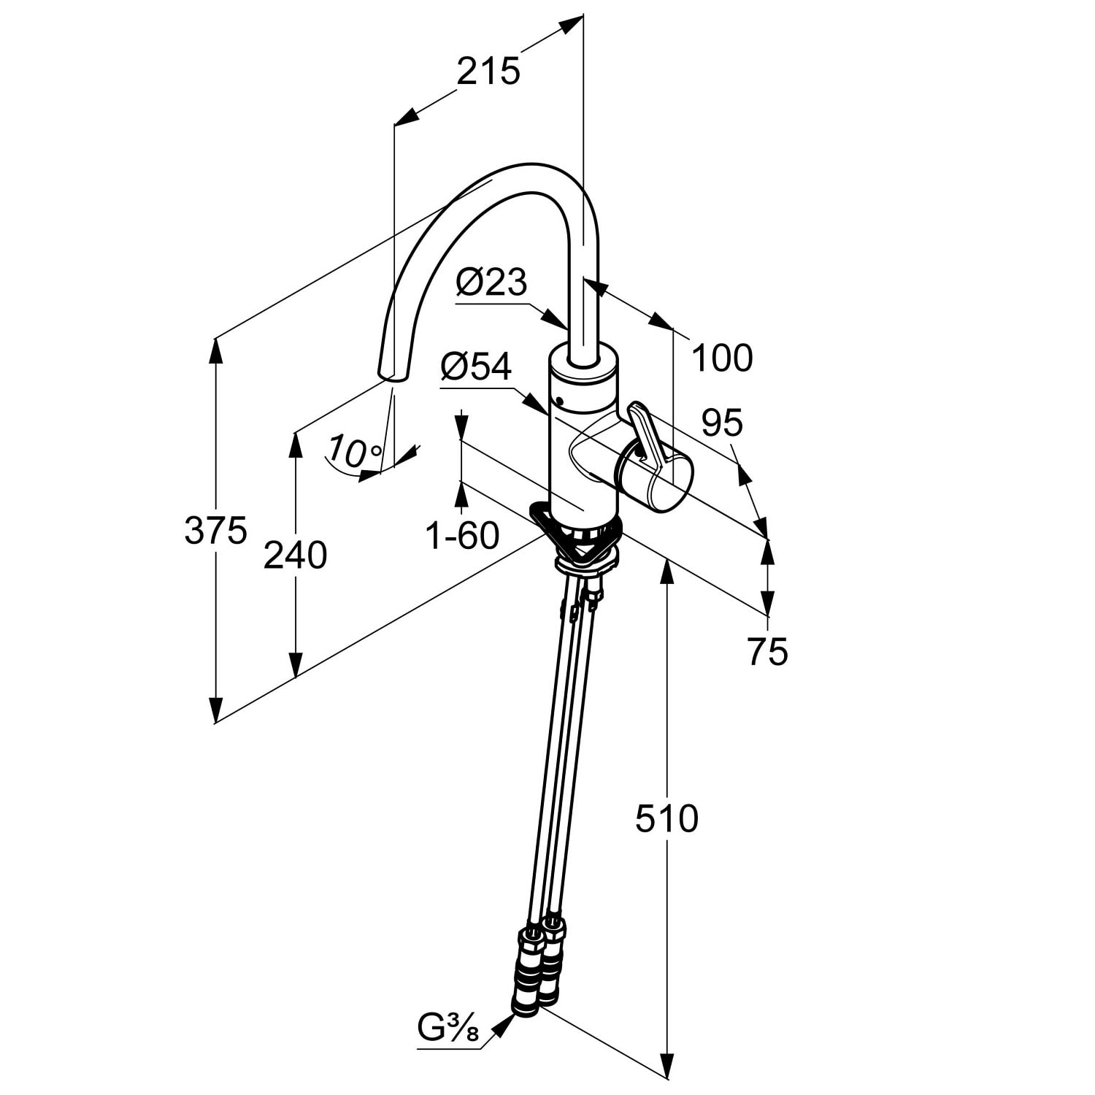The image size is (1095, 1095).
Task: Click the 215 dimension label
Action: click(x=488, y=72)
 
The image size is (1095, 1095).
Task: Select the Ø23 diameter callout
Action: click(x=491, y=282)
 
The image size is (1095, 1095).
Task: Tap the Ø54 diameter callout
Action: click(x=476, y=367)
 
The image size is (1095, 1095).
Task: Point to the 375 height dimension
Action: click(x=216, y=530)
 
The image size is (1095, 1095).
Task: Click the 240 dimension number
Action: click(x=295, y=556)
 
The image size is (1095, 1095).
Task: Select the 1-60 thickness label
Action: click(x=462, y=536)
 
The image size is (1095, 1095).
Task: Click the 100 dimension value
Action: click(x=722, y=358)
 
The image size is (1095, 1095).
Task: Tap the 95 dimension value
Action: click(x=722, y=422)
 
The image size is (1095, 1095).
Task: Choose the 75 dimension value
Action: click(x=768, y=651)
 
